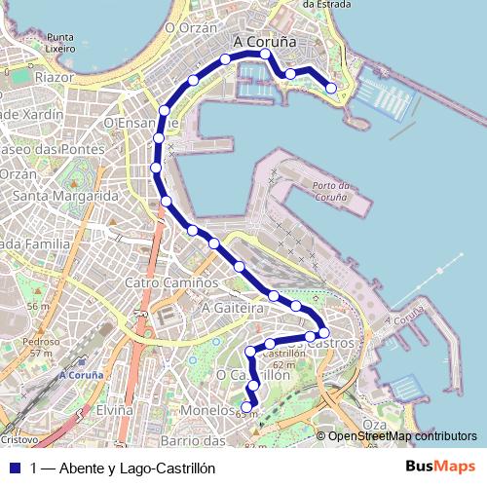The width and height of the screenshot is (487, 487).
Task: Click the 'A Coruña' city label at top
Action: (265, 42)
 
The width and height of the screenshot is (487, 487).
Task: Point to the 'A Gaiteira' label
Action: (233, 307)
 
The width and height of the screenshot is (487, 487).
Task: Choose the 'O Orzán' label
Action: (190, 28)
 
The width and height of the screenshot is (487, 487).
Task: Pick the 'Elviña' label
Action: (114, 411)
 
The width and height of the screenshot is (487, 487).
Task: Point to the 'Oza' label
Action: (374, 424)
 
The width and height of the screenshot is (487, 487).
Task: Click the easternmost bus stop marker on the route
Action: (331, 89)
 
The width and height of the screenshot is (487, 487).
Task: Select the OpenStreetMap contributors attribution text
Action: (401, 435)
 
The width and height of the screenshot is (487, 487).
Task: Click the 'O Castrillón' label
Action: (253, 374)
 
